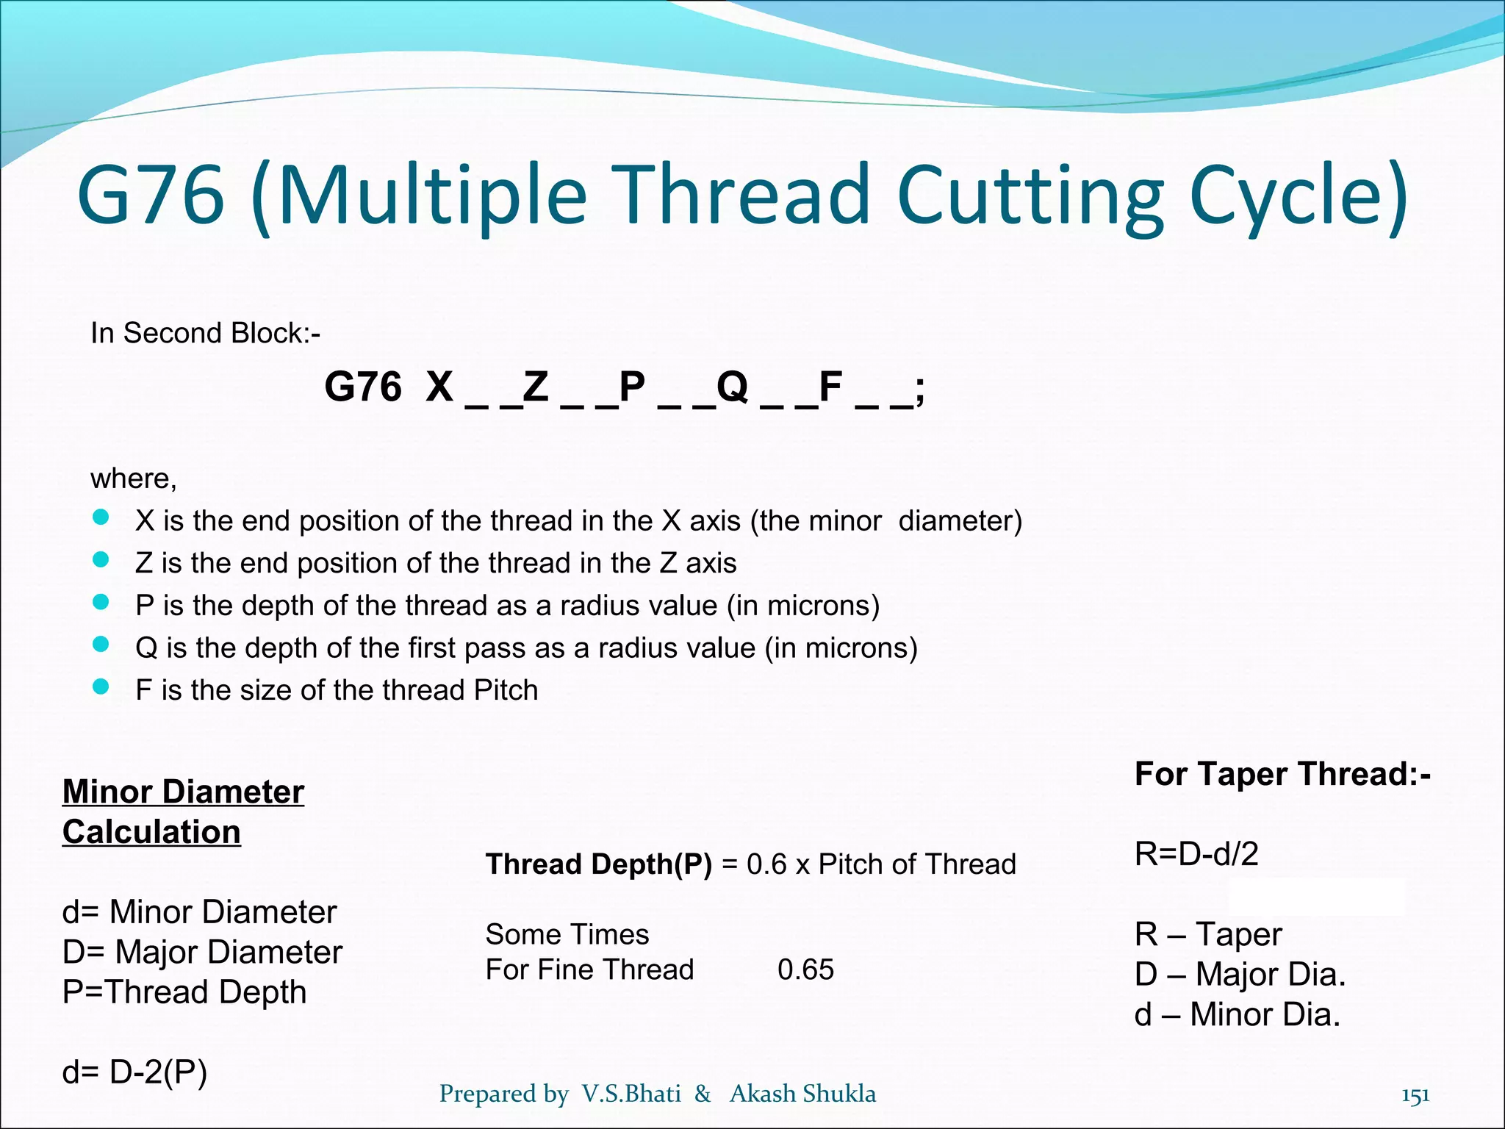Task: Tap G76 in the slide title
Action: tap(151, 195)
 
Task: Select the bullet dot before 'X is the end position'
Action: tap(101, 518)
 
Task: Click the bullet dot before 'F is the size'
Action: tap(101, 687)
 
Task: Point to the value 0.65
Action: tap(805, 969)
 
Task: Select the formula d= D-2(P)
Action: tap(134, 1072)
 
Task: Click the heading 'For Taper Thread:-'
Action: tap(1282, 774)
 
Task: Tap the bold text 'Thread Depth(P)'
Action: tap(598, 864)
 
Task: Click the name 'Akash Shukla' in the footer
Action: tap(802, 1094)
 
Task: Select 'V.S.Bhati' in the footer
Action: tap(631, 1094)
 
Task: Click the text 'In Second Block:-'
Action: tap(205, 333)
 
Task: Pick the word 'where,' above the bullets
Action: tap(134, 479)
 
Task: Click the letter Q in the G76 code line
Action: tap(732, 387)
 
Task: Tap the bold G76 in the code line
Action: tap(363, 387)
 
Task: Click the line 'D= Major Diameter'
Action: tap(202, 952)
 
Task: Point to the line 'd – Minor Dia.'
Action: tap(1238, 1014)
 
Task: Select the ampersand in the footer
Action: tap(703, 1094)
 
